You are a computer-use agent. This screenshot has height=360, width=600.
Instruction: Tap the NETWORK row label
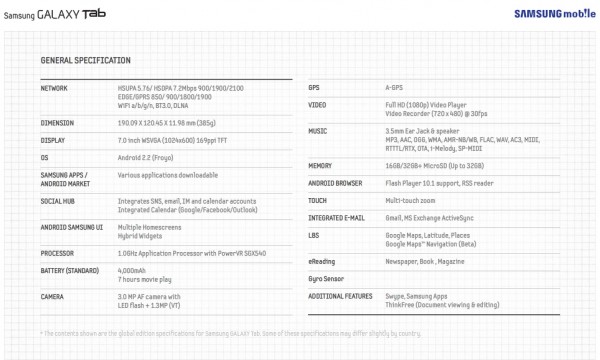[x=57, y=88]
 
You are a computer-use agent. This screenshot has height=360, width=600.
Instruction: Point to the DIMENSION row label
[x=60, y=122]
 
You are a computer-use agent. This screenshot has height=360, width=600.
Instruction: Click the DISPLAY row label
[x=56, y=140]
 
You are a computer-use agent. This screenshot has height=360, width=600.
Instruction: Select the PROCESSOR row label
[x=62, y=254]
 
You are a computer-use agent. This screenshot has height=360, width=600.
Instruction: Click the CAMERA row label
[x=56, y=297]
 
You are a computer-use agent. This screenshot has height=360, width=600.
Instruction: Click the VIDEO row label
[x=317, y=104]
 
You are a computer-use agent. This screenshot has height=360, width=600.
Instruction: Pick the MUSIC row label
[x=318, y=130]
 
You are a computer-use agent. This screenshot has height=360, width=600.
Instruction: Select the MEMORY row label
[x=321, y=164]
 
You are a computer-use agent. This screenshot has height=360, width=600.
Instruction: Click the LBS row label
[x=314, y=235]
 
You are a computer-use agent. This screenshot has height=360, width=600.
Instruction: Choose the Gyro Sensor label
[x=327, y=277]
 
